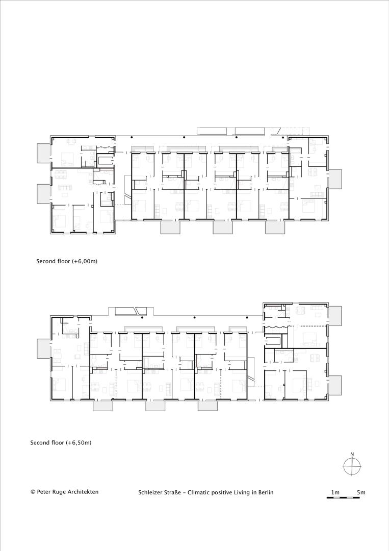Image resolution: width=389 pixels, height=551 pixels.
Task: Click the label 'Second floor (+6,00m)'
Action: pyautogui.click(x=67, y=261)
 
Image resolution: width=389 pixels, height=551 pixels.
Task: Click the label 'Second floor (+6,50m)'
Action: pyautogui.click(x=61, y=442)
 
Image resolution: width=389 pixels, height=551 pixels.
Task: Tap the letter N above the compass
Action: pyautogui.click(x=352, y=454)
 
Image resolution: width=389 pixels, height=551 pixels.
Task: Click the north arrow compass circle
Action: pyautogui.click(x=352, y=467)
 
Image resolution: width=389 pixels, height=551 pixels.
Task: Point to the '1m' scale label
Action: pyautogui.click(x=335, y=492)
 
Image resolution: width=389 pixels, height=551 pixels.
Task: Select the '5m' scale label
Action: pyautogui.click(x=361, y=492)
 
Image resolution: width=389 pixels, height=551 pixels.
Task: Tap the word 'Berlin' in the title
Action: pyautogui.click(x=266, y=492)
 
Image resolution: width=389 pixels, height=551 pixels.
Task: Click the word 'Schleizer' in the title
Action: pyautogui.click(x=150, y=492)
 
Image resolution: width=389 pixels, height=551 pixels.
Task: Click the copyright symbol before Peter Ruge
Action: pyautogui.click(x=33, y=492)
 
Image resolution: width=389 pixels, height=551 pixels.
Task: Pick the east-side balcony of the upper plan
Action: pyautogui.click(x=335, y=179)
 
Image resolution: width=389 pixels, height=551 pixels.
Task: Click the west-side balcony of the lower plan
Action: pyautogui.click(x=44, y=348)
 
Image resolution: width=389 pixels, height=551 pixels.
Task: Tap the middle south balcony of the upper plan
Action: pyautogui.click(x=223, y=228)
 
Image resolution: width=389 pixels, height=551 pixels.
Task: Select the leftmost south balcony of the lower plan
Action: pyautogui.click(x=103, y=406)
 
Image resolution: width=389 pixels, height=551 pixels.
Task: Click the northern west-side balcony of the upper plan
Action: pyautogui.click(x=44, y=153)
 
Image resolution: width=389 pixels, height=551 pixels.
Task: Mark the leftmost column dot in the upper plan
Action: pyautogui.click(x=132, y=137)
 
